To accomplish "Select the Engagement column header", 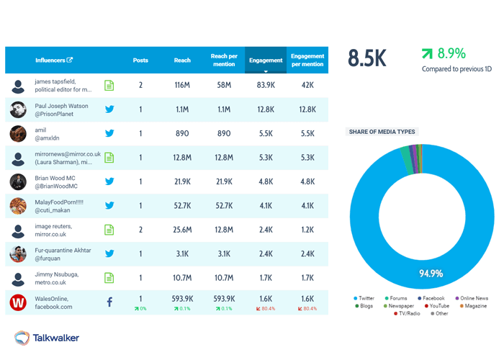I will point(266,60).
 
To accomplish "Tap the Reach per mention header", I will point(224,60).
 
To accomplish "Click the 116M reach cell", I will point(182,86).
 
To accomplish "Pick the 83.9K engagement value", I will point(266,86).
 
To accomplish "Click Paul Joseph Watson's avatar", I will point(19,109).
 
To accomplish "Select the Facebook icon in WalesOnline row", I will point(109,302).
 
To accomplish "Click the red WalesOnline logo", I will point(19,302).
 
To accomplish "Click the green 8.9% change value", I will point(451,53).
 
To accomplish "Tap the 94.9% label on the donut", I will point(431,273).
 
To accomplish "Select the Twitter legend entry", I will point(366,298).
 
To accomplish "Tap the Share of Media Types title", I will point(382,132).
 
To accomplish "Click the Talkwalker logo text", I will point(57,338).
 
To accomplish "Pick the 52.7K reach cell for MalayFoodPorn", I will point(182,206).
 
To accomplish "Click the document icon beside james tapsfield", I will point(109,86).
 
